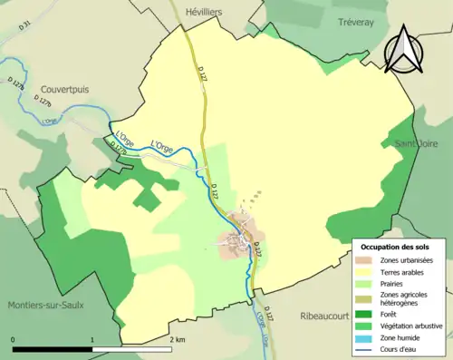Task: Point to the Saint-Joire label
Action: (415, 143)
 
